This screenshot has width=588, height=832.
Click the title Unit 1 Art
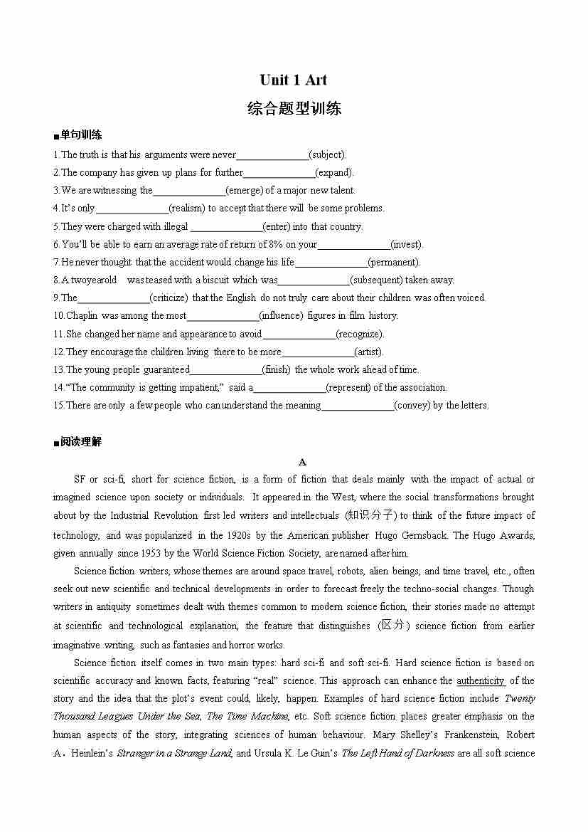(x=293, y=80)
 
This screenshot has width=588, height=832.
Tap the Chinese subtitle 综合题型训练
(x=294, y=108)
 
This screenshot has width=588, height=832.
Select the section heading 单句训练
(x=80, y=135)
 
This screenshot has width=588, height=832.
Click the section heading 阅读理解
(x=80, y=442)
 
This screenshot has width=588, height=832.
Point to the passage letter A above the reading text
(x=302, y=462)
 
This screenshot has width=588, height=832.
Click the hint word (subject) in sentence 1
(x=328, y=154)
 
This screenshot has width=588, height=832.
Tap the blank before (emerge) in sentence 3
(x=189, y=190)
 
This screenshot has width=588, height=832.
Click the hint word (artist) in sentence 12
(x=368, y=352)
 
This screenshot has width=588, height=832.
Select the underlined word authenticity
(x=481, y=681)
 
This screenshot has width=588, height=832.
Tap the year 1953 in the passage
(x=161, y=553)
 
